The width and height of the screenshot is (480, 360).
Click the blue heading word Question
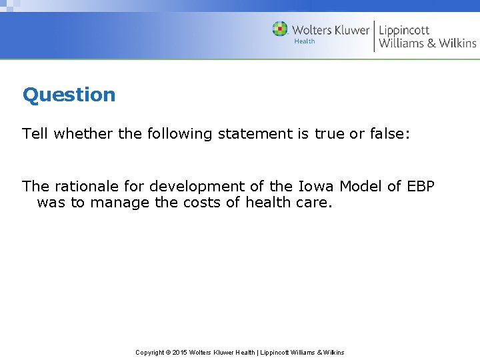[69, 95]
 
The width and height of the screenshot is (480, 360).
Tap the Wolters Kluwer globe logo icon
[280, 29]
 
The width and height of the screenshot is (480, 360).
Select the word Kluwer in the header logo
[347, 30]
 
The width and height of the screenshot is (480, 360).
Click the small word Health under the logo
[305, 41]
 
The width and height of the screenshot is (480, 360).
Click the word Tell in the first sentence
[35, 133]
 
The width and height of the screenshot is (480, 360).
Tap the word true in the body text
[329, 133]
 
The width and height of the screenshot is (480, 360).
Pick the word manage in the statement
[119, 202]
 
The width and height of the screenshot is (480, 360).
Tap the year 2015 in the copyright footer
[179, 352]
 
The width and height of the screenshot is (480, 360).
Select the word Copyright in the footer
[150, 352]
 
